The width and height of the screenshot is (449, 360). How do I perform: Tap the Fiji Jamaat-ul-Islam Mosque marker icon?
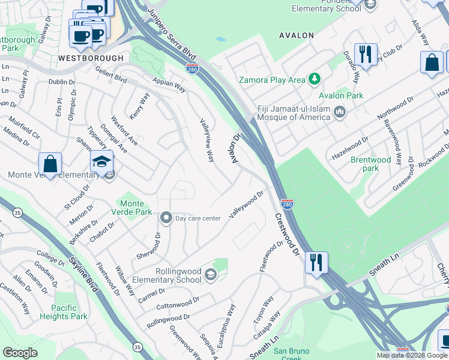[340, 112]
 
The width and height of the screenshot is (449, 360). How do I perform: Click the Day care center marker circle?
[166, 218]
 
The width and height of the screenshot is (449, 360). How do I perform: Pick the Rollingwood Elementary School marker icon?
[210, 275]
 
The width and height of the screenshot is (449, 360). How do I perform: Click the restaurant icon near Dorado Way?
[365, 55]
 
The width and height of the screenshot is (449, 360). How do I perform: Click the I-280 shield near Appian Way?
[192, 70]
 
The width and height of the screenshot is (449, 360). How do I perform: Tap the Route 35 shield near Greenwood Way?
[137, 347]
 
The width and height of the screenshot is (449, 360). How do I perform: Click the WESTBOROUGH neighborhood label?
[91, 58]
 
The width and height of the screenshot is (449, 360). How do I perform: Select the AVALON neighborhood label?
[297, 35]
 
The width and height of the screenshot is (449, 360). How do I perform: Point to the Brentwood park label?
[370, 164]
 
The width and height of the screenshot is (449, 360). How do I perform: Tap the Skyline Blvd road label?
[83, 273]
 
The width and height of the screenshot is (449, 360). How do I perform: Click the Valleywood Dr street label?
[246, 205]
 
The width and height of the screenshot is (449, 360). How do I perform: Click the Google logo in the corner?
[20, 353]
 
